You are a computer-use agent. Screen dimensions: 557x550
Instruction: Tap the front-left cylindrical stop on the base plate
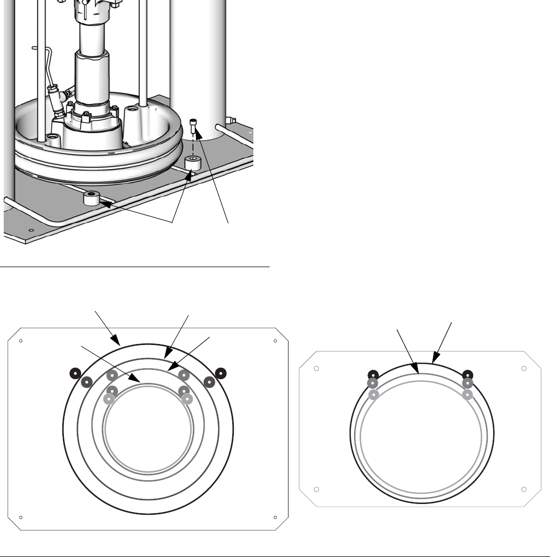coord(93,198)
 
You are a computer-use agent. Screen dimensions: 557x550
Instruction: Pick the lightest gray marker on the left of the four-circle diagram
coord(109,399)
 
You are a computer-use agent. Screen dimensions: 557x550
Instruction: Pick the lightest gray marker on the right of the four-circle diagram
coord(187,399)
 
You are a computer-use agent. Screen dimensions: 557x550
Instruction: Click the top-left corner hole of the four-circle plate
coord(20,341)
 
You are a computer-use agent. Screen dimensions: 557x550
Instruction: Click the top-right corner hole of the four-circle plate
coord(275,341)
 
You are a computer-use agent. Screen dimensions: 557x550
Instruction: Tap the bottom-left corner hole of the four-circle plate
coord(20,517)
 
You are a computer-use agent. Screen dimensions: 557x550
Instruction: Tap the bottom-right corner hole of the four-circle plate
coord(275,517)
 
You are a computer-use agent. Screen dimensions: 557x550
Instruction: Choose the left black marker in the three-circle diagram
coord(372,374)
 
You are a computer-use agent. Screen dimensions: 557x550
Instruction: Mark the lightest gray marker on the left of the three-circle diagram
coord(372,395)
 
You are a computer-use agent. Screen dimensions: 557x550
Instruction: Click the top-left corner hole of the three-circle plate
coord(317,369)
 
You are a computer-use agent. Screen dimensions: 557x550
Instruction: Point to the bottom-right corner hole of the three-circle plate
coord(523,489)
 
